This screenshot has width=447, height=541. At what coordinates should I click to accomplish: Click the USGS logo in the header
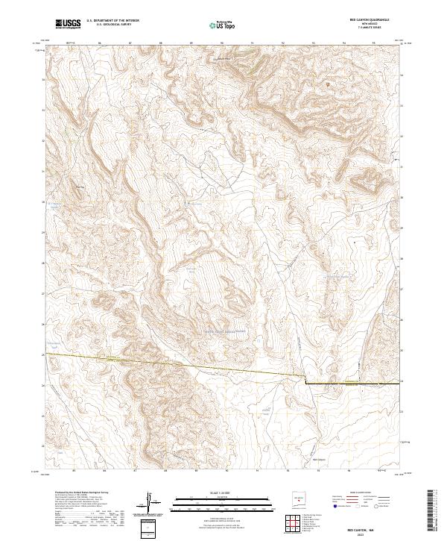tap(68, 24)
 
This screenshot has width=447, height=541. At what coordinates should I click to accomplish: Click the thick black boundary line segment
tap(350, 382)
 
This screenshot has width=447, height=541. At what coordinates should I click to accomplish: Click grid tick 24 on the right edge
tap(402, 381)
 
